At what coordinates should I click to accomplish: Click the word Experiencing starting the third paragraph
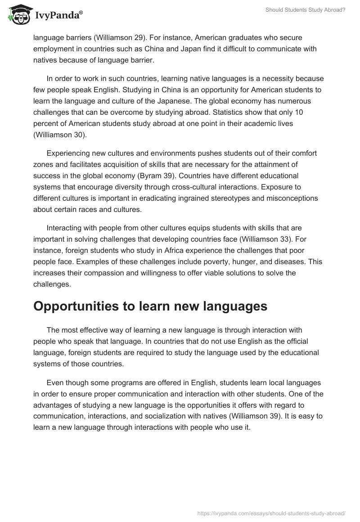point(68,153)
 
